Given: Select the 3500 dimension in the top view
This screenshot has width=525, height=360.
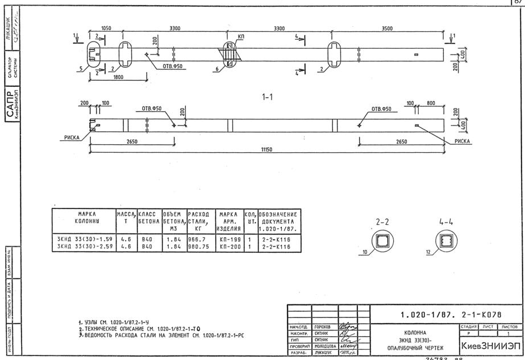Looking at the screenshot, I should [x=387, y=27].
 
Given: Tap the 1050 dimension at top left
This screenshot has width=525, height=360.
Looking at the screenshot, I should [x=106, y=27].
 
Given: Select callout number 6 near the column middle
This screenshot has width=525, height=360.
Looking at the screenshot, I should [x=216, y=69].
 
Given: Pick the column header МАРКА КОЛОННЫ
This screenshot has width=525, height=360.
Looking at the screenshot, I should [x=83, y=217].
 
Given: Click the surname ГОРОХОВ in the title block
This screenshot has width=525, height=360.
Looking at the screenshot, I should [x=324, y=328].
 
